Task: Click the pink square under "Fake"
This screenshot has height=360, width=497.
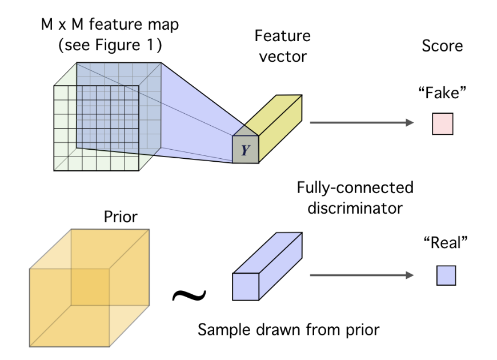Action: (442, 124)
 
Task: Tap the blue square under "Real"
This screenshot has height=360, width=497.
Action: (446, 276)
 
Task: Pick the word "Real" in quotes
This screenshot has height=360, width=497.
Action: (446, 243)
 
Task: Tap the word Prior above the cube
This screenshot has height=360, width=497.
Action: (120, 217)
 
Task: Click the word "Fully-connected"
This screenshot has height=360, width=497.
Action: (355, 187)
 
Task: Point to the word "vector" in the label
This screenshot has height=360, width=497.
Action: (283, 57)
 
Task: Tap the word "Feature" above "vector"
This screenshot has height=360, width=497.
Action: (283, 37)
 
